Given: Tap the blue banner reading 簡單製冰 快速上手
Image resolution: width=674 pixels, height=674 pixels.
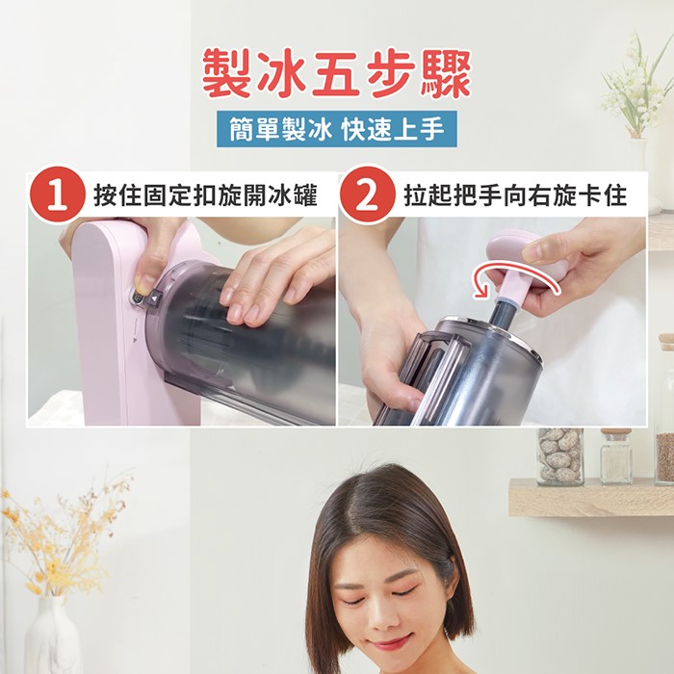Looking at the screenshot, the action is coord(337,128).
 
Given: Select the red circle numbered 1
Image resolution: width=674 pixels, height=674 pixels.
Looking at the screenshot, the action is coord(57,194).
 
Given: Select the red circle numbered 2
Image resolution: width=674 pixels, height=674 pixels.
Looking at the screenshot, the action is coord(366,194).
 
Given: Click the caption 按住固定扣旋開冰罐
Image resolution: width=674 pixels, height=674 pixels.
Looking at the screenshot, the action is coord(205,196).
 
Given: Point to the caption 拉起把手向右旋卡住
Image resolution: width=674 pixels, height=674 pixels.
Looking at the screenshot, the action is coord(515,196).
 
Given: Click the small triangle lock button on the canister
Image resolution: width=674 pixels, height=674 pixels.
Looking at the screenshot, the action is coord(155,298).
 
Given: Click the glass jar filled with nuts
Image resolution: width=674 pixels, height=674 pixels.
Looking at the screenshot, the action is coord(560,455).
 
